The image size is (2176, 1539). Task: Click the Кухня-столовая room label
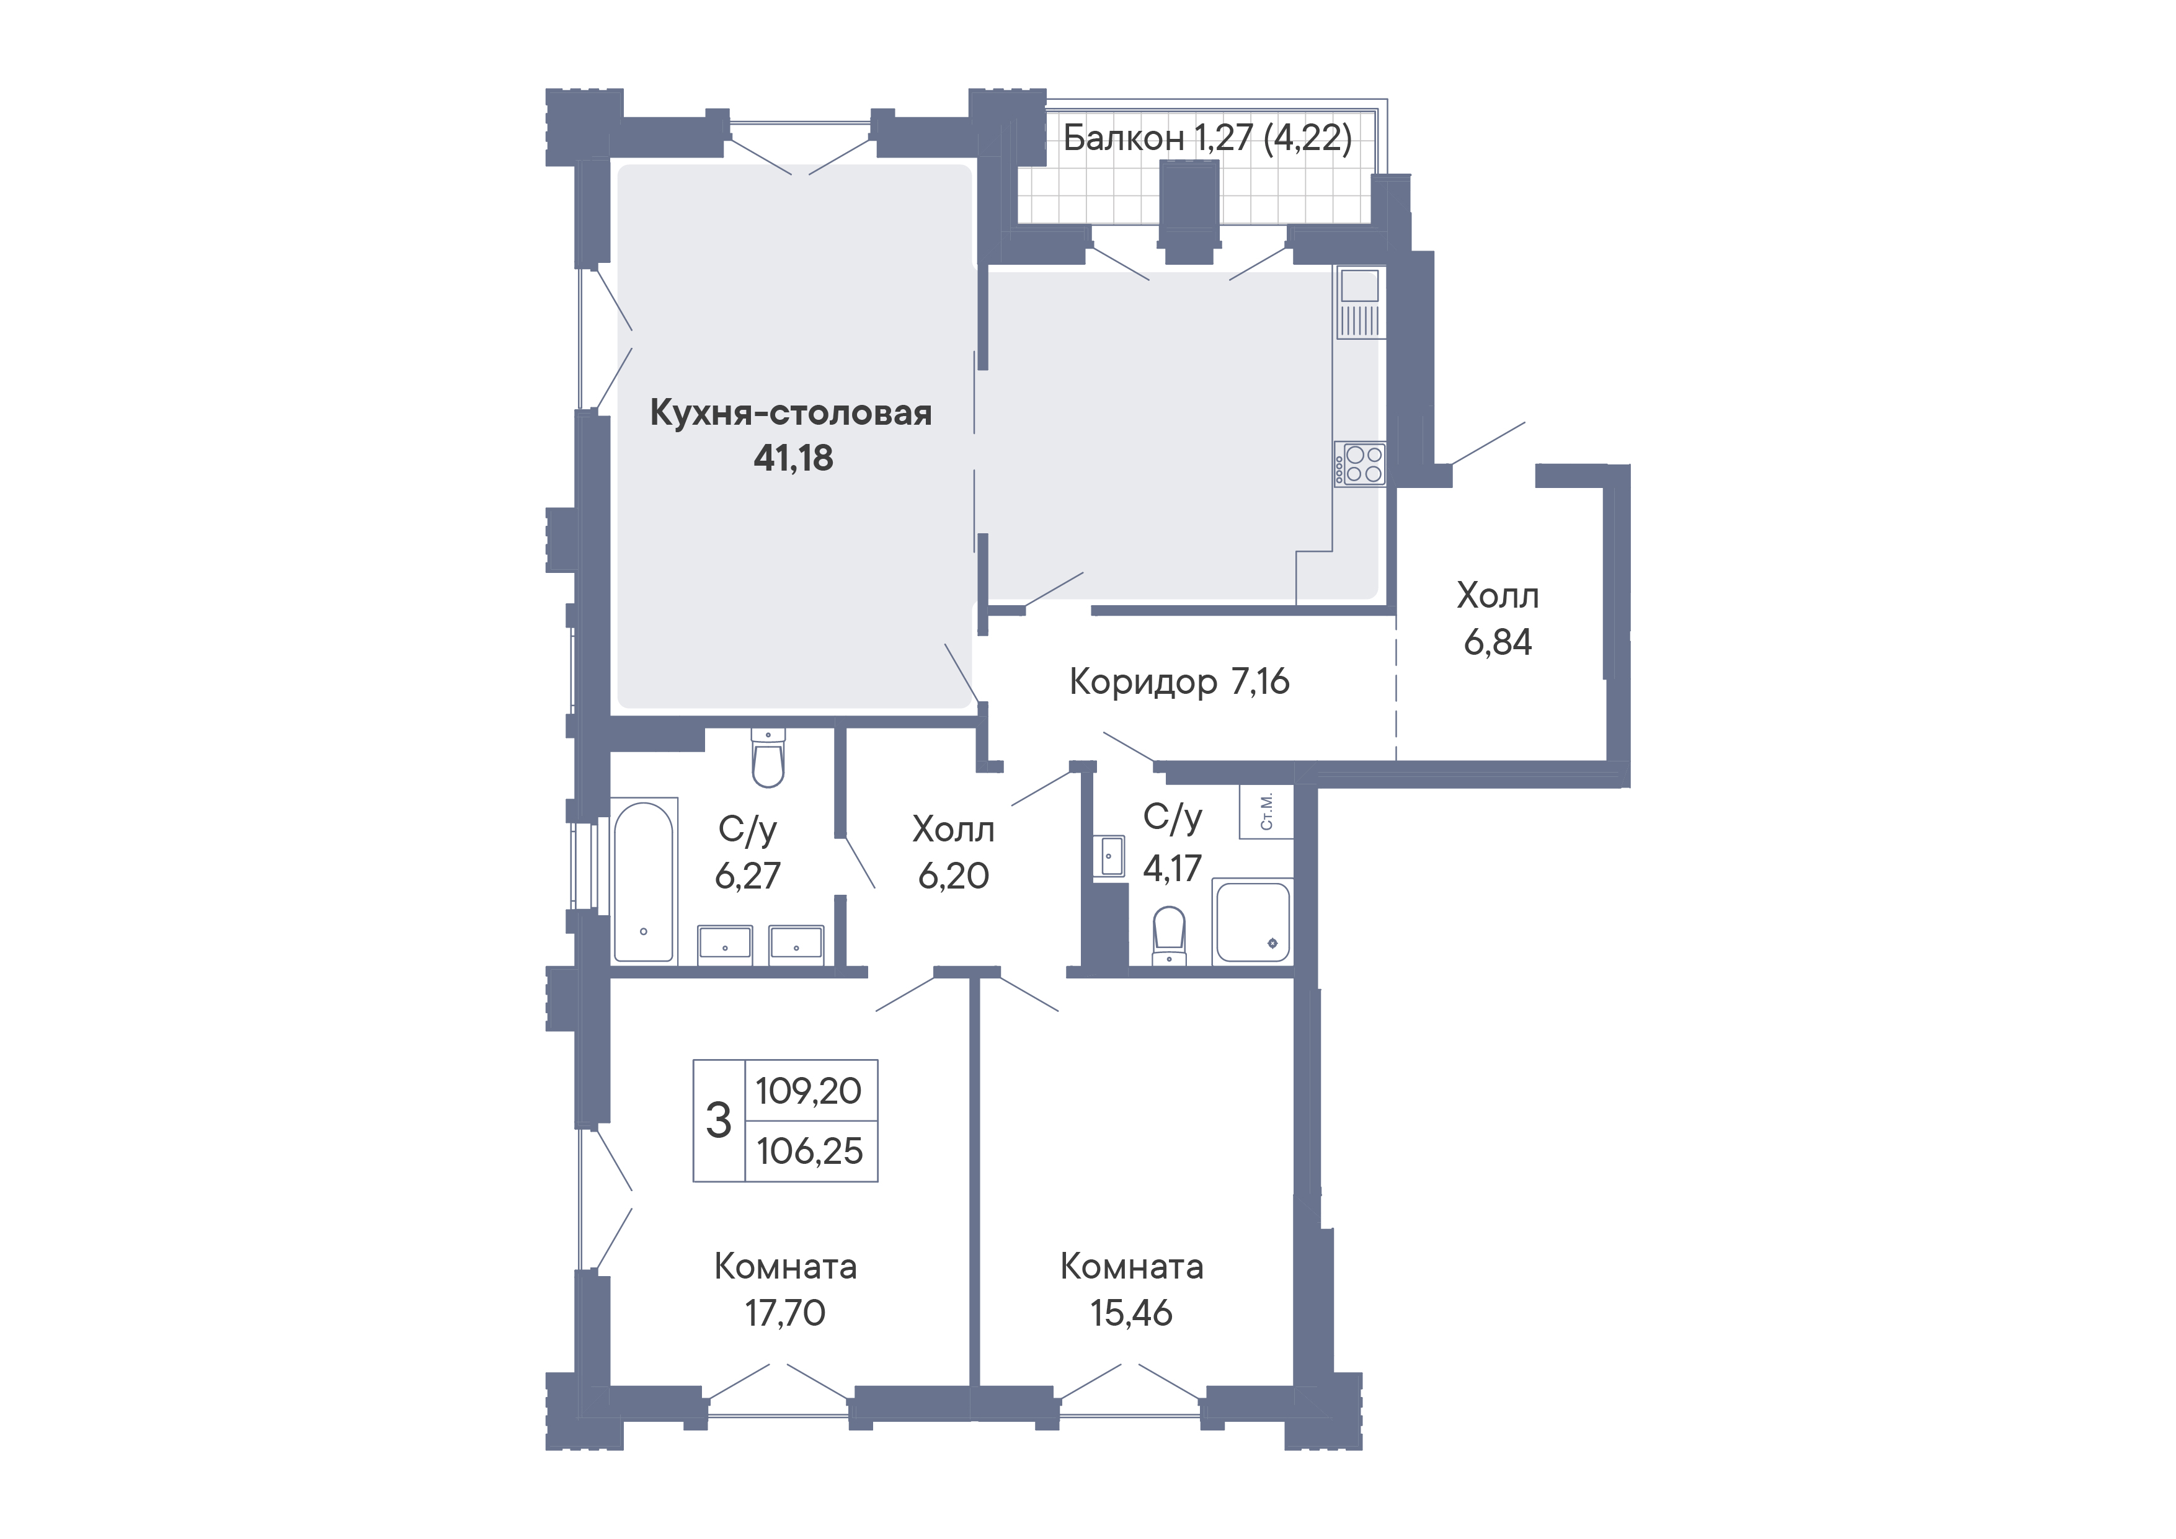(791, 413)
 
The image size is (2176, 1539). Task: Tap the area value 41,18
(793, 459)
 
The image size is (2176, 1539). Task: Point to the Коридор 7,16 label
(1179, 681)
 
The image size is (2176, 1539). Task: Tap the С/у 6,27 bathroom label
(748, 852)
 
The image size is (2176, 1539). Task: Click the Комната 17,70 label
(786, 1290)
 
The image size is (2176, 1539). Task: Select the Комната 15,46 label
(1132, 1290)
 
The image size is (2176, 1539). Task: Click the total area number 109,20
(809, 1091)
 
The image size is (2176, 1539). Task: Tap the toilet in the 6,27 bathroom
(768, 758)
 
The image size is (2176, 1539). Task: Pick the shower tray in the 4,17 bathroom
(1253, 922)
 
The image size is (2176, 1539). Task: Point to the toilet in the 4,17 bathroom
(1170, 934)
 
